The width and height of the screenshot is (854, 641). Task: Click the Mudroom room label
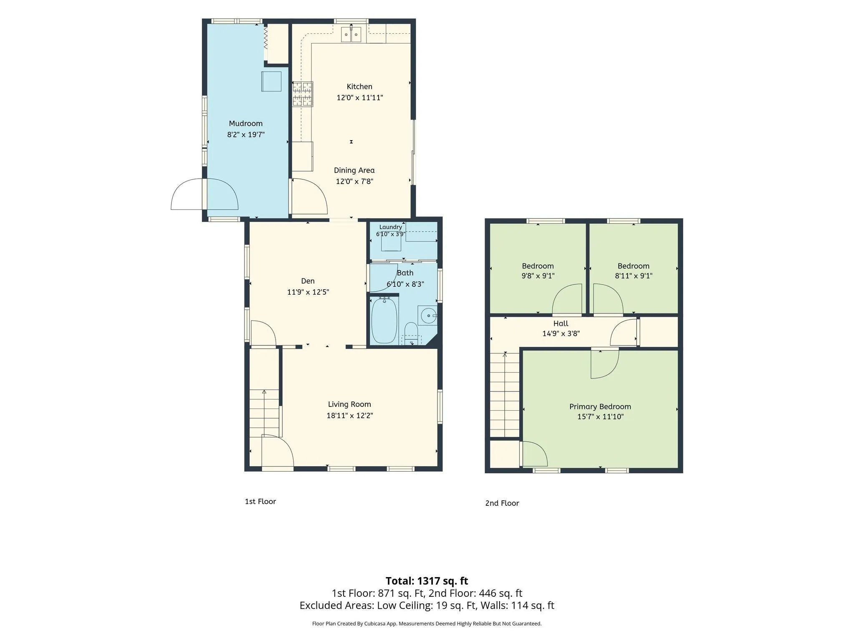click(x=246, y=124)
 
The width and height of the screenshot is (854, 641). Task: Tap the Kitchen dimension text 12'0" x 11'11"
click(x=360, y=98)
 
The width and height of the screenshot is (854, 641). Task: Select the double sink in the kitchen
click(x=351, y=34)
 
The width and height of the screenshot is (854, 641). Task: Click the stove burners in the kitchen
click(x=303, y=94)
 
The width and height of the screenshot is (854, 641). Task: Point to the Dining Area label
click(x=354, y=170)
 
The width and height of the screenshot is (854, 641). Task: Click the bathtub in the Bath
click(x=384, y=320)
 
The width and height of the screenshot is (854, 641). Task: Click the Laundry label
click(x=391, y=227)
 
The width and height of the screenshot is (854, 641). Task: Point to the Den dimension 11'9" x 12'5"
click(x=308, y=292)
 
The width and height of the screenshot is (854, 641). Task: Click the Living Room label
click(x=349, y=404)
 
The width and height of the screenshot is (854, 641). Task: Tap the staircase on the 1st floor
click(x=264, y=413)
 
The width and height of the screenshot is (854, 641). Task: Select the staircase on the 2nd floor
click(x=505, y=394)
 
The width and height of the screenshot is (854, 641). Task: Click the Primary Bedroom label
click(x=600, y=406)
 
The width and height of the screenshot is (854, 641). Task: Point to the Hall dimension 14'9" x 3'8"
click(x=561, y=334)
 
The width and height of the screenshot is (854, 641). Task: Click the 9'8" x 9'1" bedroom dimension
click(x=538, y=276)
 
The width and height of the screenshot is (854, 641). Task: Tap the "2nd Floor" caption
click(x=502, y=503)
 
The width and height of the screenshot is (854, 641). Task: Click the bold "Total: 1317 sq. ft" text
click(x=427, y=581)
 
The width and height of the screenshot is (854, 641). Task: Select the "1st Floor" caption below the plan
click(x=260, y=502)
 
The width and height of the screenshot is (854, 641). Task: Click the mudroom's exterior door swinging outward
click(x=187, y=194)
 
